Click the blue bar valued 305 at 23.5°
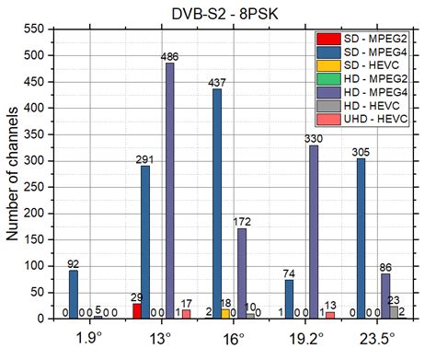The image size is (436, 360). [x=361, y=238]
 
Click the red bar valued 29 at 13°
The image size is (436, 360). [x=137, y=311]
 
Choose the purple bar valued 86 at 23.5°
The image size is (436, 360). [x=384, y=296]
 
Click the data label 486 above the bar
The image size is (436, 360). [x=169, y=56]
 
